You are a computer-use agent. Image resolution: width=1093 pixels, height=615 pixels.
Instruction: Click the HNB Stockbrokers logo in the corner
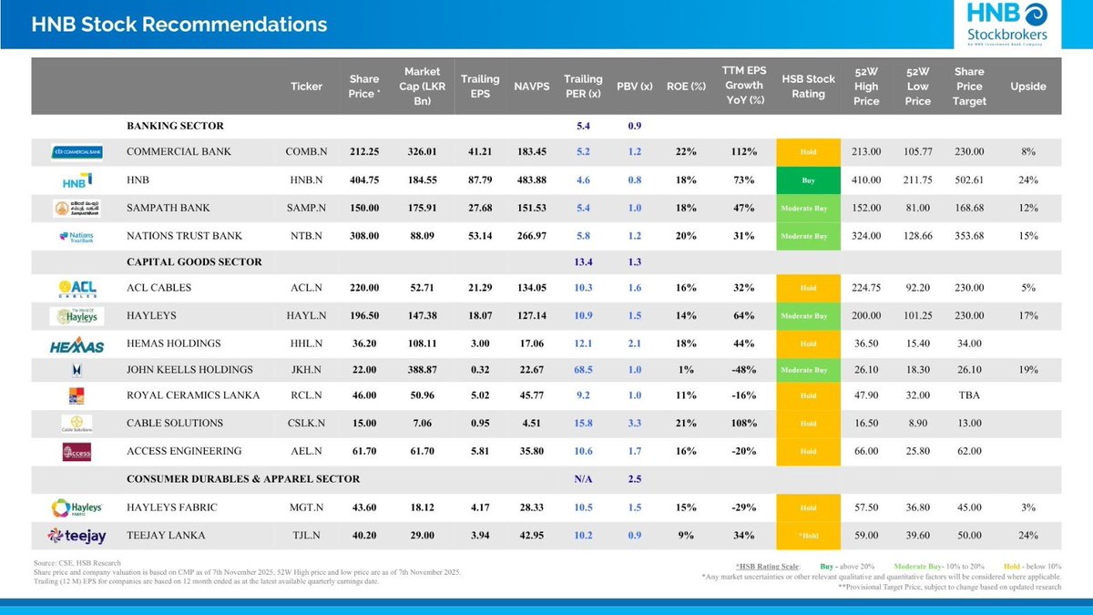click(x=1006, y=25)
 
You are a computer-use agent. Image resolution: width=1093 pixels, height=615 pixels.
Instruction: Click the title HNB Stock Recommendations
click(x=179, y=25)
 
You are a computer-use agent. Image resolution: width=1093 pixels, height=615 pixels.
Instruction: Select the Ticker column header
click(x=306, y=87)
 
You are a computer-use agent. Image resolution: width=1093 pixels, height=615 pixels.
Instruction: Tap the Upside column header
click(x=1028, y=87)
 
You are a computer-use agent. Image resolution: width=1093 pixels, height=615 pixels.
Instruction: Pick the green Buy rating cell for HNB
click(x=809, y=180)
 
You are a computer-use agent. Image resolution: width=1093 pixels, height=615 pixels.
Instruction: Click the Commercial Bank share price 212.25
click(x=363, y=151)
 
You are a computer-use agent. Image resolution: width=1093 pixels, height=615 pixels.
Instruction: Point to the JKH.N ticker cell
click(x=306, y=370)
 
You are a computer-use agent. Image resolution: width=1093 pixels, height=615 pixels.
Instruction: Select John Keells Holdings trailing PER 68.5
click(x=583, y=370)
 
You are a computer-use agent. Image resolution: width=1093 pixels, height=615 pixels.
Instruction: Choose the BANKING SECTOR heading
click(x=175, y=126)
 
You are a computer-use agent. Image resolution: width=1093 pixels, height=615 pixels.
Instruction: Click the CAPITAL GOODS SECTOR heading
click(x=194, y=262)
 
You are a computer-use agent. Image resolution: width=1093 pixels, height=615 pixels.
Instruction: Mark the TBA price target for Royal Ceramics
click(x=969, y=396)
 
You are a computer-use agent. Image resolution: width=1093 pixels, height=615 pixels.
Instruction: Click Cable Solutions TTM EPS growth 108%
click(x=742, y=424)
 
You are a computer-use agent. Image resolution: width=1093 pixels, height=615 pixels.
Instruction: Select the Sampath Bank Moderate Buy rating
click(x=809, y=209)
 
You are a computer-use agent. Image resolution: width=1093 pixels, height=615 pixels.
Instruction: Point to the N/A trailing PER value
click(x=583, y=479)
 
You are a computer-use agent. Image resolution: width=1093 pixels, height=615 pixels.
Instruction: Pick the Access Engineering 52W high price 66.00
click(x=866, y=451)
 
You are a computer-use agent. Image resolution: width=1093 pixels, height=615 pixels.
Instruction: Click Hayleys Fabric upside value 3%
click(x=1028, y=507)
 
